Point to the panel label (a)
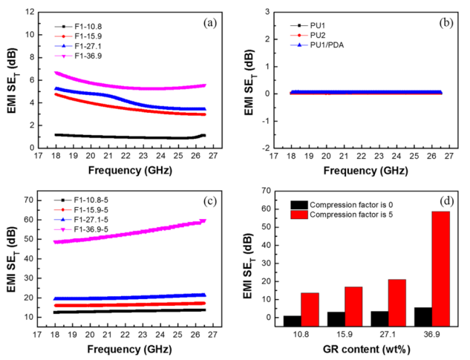pyautogui.click(x=209, y=23)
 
